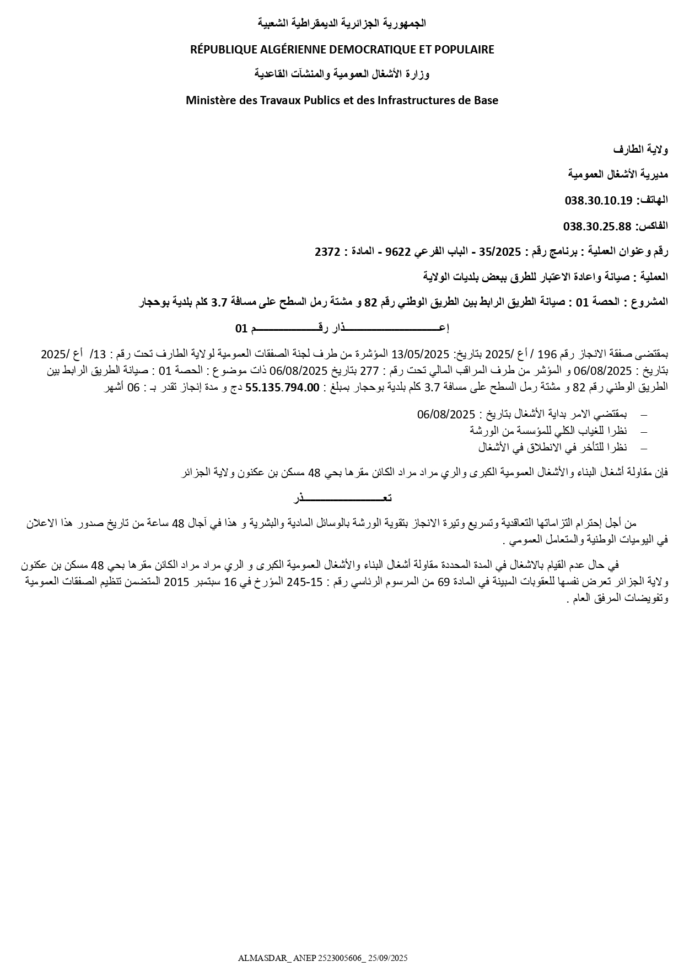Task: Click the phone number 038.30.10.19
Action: pyautogui.click(x=598, y=200)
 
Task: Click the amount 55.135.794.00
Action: pyautogui.click(x=282, y=387)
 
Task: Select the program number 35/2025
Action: pyautogui.click(x=500, y=252)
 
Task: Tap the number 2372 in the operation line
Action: pyautogui.click(x=327, y=252)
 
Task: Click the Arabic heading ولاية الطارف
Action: pyautogui.click(x=640, y=149)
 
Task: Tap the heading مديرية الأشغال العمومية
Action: pyautogui.click(x=618, y=174)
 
